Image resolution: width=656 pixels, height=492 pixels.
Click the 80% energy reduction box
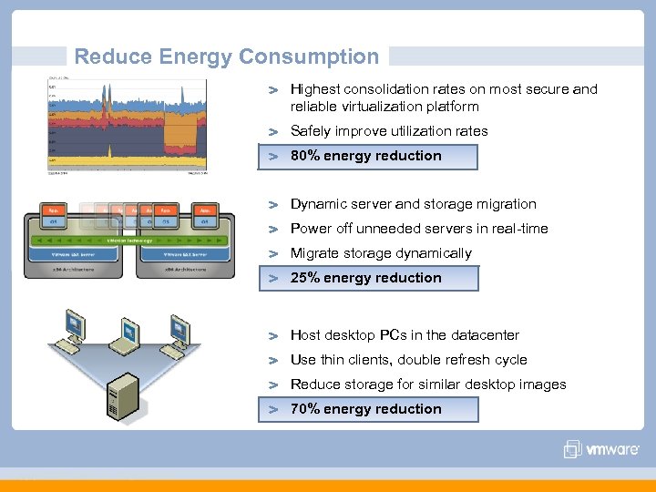tap(368, 156)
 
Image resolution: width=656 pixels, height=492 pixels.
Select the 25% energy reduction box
tap(368, 278)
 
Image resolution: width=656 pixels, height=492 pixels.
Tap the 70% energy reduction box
tap(368, 409)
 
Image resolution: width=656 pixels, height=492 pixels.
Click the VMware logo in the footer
tap(601, 449)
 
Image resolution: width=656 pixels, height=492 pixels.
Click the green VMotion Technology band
tap(127, 239)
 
